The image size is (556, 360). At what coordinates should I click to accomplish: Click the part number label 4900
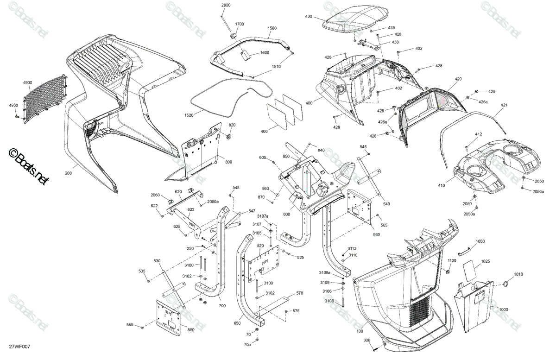pos(27,82)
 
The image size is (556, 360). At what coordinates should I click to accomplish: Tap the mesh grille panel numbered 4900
pos(45,99)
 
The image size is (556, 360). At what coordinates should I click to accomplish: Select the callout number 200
pos(68,173)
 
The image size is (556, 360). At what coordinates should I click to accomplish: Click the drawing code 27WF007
pos(19,347)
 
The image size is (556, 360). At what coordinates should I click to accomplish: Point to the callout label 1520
pos(189,115)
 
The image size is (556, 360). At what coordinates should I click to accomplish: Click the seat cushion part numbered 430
pos(355,19)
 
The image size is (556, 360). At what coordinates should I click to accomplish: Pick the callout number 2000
pos(226,5)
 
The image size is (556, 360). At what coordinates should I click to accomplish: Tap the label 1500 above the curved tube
pos(272,28)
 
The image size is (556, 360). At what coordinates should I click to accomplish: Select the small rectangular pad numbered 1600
pos(246,55)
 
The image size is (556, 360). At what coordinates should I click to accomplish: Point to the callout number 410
pos(441,185)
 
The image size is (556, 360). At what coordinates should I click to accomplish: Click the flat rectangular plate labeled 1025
pos(470,271)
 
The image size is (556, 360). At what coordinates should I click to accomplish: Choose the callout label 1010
pos(518,274)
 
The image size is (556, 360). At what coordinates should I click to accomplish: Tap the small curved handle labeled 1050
pos(464,252)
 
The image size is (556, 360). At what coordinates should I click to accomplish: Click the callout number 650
pos(237,323)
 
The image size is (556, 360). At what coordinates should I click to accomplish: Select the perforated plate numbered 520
pos(264,264)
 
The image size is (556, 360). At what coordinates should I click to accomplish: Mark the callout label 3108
pos(329,301)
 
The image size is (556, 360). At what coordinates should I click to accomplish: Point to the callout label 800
pos(228,162)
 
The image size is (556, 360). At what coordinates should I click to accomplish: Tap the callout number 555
pos(130,325)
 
